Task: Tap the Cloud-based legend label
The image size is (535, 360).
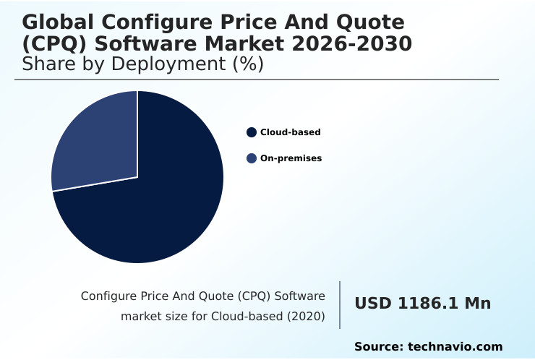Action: point(290,132)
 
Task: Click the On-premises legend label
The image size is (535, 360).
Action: point(291,158)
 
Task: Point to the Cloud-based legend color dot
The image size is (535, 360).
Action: point(252,132)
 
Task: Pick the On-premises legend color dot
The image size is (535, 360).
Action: point(252,158)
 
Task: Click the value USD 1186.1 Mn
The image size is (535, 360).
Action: point(422,304)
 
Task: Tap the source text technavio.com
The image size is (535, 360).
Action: point(455,347)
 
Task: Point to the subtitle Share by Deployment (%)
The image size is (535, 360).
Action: point(142,64)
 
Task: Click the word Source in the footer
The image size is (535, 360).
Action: point(377,347)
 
